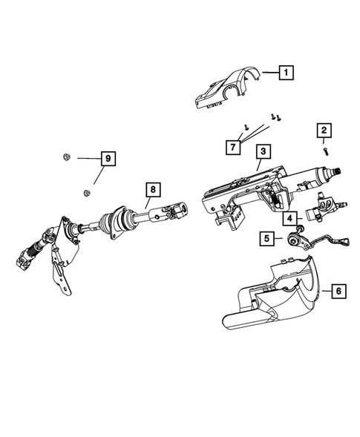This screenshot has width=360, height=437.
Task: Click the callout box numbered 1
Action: point(285,73)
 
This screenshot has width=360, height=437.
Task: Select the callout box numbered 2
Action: point(325,132)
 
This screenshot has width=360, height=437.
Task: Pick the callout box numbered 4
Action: point(289,218)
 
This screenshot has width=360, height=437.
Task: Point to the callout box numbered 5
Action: point(266,239)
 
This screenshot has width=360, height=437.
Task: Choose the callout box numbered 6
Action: point(337,292)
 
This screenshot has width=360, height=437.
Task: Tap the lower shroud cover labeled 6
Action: point(275,297)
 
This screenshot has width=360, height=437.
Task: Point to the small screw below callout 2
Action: point(325,151)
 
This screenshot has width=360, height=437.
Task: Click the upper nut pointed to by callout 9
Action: point(65,157)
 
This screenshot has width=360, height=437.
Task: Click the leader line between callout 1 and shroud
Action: point(265,73)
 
